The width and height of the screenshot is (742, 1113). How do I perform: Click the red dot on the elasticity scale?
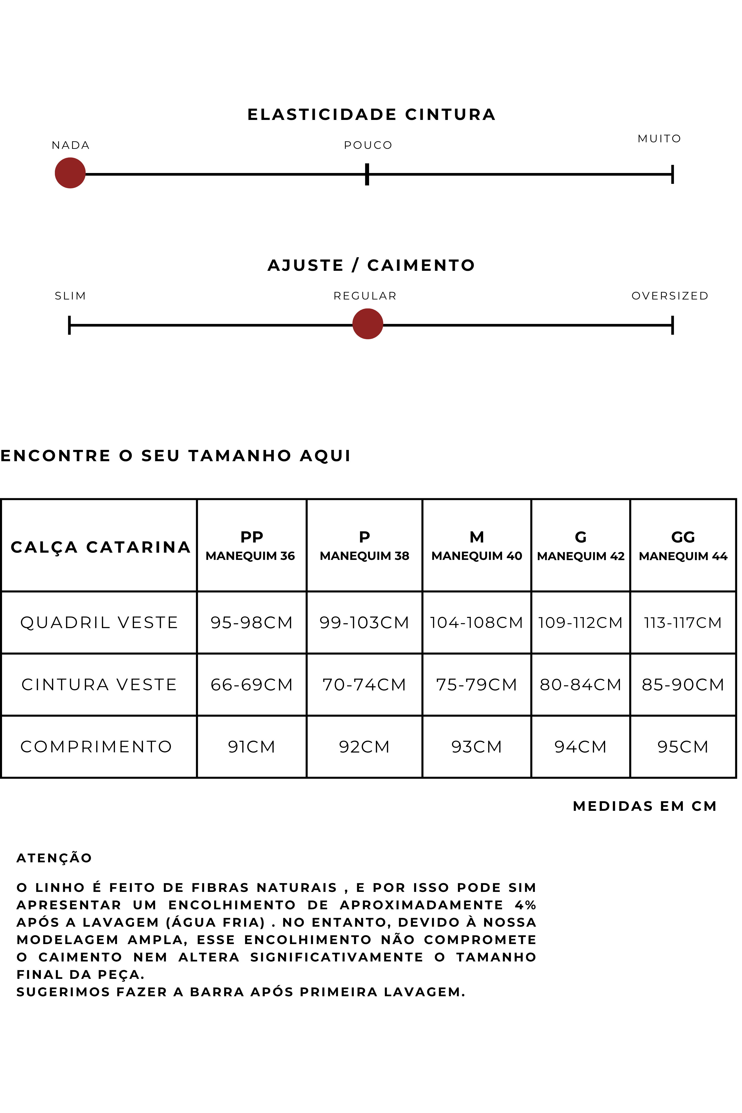point(70,173)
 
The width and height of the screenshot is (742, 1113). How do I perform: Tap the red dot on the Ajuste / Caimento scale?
point(368,324)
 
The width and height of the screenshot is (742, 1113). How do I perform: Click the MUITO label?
point(659,139)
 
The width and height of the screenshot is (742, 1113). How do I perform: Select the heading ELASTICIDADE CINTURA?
point(372,115)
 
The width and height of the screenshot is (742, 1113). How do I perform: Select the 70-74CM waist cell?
point(364,684)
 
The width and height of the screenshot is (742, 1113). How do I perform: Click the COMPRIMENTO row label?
point(96,746)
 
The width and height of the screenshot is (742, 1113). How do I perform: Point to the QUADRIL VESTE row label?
point(99,622)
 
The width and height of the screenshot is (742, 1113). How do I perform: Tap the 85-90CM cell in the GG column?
point(683,684)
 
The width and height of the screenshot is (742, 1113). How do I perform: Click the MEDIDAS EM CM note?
point(644,806)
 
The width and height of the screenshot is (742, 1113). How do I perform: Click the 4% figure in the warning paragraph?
point(525,905)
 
